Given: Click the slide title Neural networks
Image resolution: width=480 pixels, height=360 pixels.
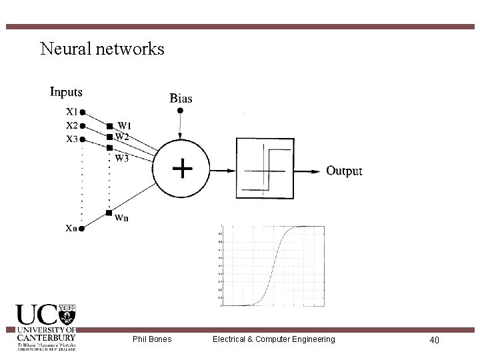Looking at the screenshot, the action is pyautogui.click(x=102, y=49).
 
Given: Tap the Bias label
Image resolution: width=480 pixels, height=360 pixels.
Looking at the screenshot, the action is pyautogui.click(x=181, y=98).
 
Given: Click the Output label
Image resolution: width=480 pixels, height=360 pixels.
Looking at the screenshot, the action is pyautogui.click(x=344, y=171).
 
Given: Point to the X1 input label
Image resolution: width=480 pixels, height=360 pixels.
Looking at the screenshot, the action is pyautogui.click(x=71, y=112).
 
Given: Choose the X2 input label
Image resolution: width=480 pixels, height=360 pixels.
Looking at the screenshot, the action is pyautogui.click(x=71, y=125).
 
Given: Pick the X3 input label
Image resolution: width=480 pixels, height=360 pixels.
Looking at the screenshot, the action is pyautogui.click(x=71, y=139).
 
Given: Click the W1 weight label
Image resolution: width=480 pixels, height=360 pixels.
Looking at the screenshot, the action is pyautogui.click(x=125, y=125).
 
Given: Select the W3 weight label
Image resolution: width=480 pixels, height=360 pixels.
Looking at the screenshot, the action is pyautogui.click(x=122, y=159).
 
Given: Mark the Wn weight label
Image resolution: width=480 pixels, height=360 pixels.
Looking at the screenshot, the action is pyautogui.click(x=122, y=217).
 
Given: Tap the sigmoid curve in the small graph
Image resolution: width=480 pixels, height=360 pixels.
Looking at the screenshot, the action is pyautogui.click(x=273, y=267).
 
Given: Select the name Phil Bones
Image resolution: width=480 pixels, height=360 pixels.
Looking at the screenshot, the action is pyautogui.click(x=152, y=339).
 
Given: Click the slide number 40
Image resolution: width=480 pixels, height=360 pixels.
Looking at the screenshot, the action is pyautogui.click(x=434, y=340).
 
